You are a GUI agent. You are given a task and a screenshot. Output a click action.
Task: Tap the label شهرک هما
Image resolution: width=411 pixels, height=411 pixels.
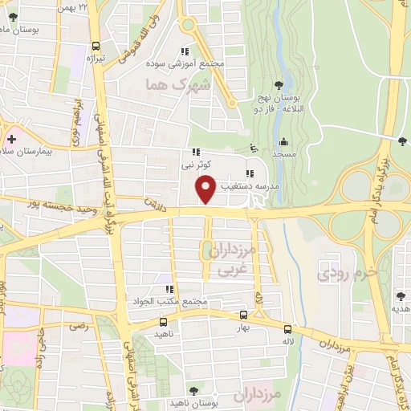[178, 84]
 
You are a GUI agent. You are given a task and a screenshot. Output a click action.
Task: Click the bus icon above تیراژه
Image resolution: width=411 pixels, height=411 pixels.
[96, 47]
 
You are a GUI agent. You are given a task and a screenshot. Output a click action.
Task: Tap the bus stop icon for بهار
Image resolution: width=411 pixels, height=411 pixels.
[243, 315]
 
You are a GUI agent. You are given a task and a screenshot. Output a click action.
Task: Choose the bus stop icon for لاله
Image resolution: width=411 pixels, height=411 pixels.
[287, 328]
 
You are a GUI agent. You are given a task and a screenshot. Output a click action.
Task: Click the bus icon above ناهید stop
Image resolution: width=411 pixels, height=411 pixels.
[163, 321]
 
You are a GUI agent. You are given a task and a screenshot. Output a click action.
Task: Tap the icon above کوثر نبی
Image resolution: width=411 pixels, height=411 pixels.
[195, 152]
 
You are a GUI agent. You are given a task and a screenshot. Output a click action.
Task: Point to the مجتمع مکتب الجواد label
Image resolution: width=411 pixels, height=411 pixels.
[169, 302]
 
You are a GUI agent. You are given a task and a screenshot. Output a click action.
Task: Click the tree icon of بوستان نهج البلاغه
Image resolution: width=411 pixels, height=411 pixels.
[278, 84]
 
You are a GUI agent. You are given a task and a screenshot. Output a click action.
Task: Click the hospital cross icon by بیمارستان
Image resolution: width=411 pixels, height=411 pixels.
[10, 140]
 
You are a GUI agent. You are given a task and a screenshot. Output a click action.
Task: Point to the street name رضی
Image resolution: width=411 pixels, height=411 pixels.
[78, 326]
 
